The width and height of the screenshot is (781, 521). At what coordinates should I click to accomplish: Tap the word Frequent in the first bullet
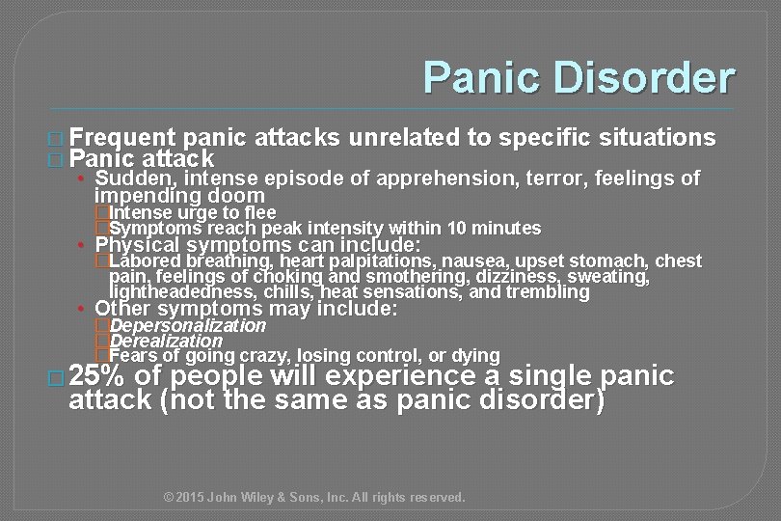click(x=122, y=137)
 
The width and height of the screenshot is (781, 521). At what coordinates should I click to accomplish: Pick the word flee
click(x=261, y=212)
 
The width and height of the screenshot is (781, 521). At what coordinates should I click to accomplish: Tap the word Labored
click(x=146, y=260)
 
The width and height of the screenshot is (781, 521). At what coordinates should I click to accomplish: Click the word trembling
click(x=552, y=291)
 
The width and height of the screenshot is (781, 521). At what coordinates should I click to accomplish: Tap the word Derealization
click(x=166, y=341)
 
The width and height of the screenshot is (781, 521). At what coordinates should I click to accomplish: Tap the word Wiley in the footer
click(x=265, y=498)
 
